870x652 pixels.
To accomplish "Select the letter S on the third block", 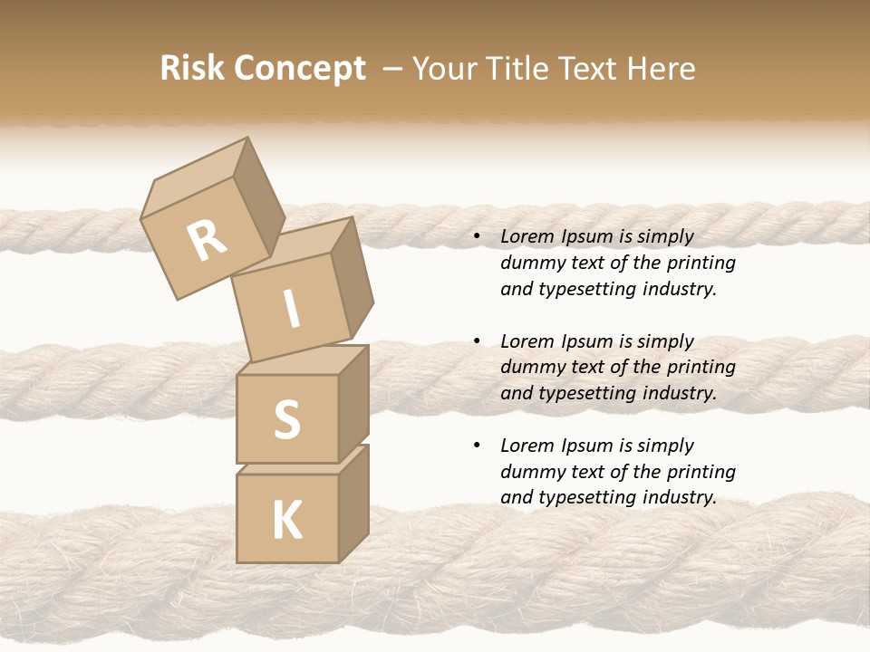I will click(286, 419).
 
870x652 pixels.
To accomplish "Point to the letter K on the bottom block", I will click(286, 521).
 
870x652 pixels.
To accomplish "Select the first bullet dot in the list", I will click(478, 237).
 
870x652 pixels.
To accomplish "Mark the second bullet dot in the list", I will click(478, 341).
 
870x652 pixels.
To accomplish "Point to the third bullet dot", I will click(478, 446).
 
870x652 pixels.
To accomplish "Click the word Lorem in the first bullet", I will click(527, 237).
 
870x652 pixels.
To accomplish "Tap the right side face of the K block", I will click(353, 503).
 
